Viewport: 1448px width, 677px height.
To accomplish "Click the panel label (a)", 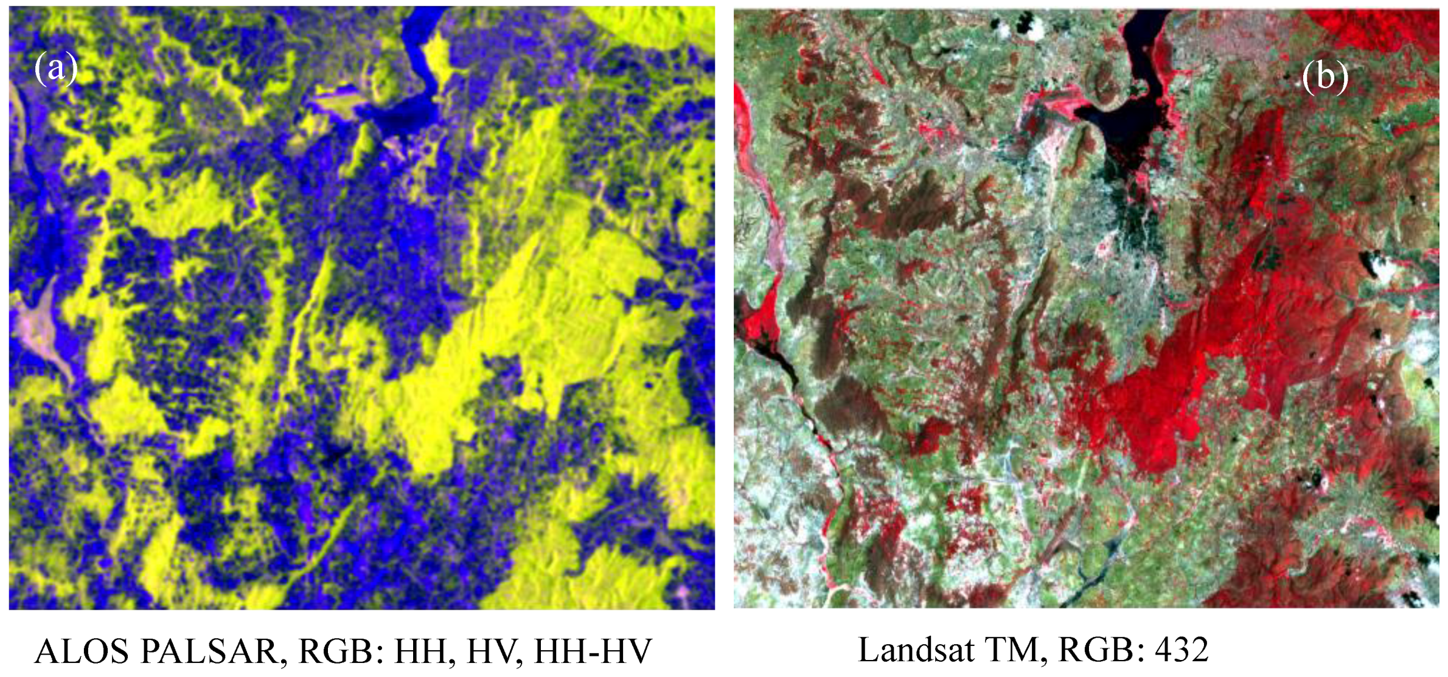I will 56,68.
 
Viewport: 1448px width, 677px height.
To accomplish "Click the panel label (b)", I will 1325,77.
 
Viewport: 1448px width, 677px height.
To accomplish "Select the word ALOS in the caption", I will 82,651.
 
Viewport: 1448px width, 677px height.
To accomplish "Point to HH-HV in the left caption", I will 593,651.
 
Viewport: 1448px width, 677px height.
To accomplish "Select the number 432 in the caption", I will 1182,650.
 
